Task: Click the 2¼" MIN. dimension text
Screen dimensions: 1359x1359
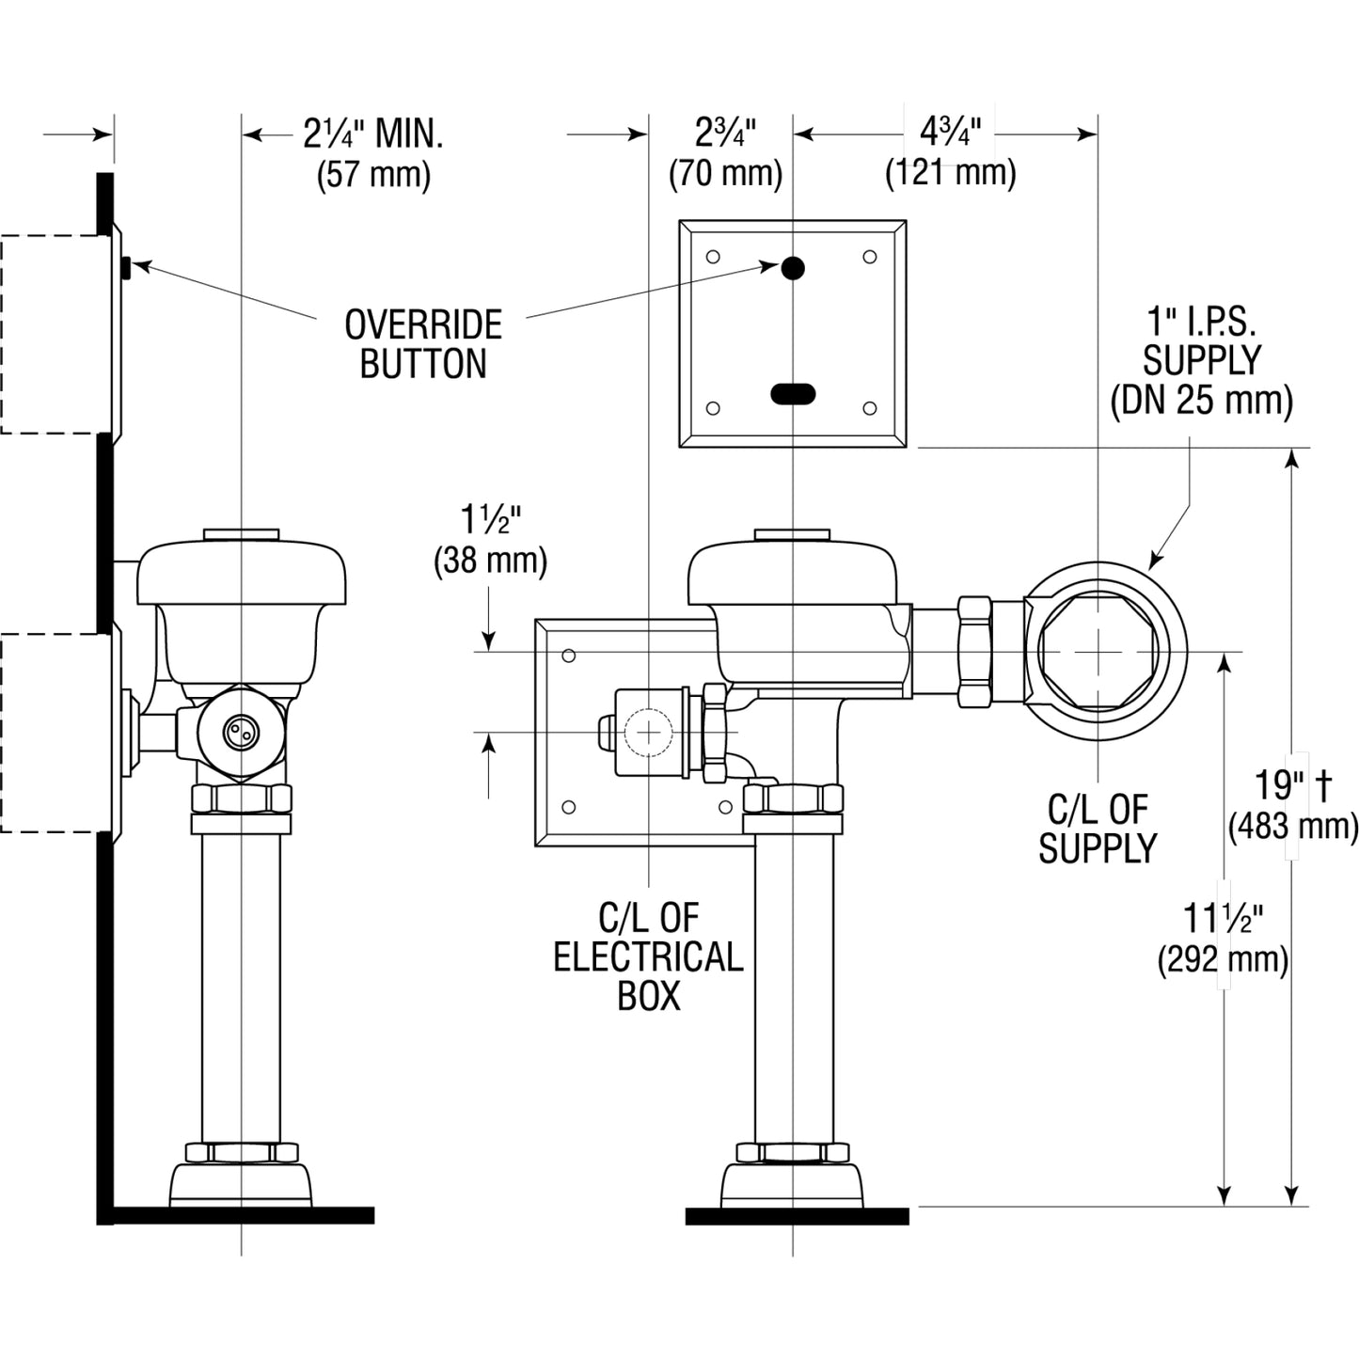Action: (372, 134)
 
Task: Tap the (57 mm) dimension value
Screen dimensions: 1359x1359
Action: (373, 175)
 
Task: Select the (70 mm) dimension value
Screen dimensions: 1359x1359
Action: (725, 174)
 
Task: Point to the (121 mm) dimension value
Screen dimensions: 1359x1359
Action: (950, 173)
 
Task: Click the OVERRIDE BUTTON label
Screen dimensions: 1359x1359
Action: (423, 344)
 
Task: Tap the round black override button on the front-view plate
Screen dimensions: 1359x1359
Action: (793, 268)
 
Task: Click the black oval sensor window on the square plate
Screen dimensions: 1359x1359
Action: (793, 394)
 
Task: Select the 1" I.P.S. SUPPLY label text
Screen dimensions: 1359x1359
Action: (1201, 340)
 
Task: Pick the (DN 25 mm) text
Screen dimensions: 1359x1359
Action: (1201, 401)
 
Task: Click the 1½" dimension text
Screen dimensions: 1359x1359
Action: (490, 520)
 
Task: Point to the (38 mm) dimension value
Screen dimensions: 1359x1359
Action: (490, 561)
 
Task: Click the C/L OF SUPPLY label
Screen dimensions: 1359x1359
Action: (1097, 829)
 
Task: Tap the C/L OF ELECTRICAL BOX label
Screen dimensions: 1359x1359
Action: (648, 956)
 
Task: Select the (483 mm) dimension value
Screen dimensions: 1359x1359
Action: (1292, 827)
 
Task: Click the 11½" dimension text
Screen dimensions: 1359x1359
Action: (1223, 917)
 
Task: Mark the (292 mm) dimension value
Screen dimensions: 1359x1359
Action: (1223, 960)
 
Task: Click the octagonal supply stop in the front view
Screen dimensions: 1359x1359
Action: (1098, 652)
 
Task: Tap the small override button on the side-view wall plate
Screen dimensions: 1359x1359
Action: (126, 268)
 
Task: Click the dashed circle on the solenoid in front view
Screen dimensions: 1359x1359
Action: (649, 732)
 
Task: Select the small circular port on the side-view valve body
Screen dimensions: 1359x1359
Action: (239, 732)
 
